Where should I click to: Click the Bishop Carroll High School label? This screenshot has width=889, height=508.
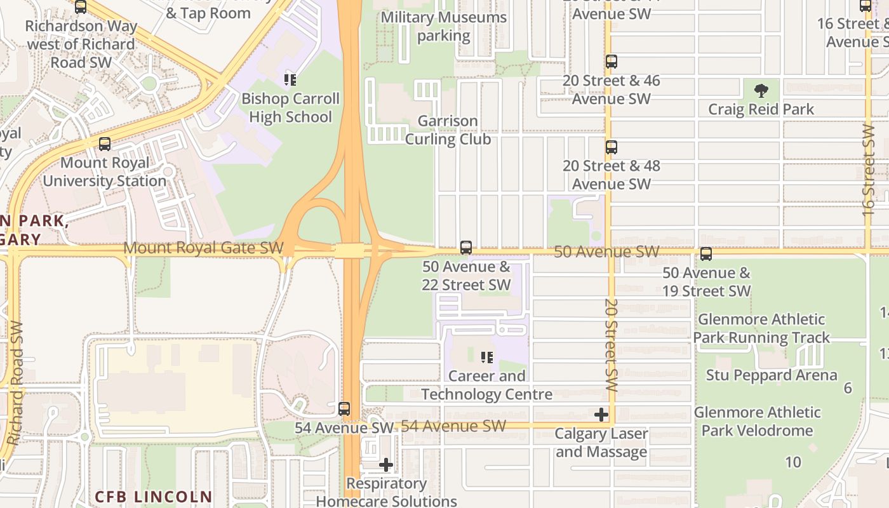tap(290, 108)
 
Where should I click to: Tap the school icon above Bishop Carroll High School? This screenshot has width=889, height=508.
tap(290, 80)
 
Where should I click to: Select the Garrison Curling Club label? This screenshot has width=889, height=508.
tap(448, 130)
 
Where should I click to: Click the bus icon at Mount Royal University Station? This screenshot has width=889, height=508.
tap(105, 144)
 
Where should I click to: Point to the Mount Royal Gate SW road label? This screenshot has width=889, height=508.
tap(203, 248)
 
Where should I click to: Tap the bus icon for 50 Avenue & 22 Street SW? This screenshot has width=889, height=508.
tap(466, 248)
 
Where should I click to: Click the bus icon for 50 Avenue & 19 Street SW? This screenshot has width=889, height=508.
tap(705, 254)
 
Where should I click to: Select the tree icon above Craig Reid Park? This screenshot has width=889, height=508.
tap(761, 91)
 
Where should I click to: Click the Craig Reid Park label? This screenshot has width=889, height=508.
tap(761, 109)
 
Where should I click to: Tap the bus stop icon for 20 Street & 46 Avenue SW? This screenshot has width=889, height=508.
tap(611, 62)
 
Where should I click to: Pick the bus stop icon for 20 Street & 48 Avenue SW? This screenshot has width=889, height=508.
tap(611, 147)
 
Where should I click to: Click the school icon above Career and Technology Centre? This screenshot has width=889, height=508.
tap(486, 358)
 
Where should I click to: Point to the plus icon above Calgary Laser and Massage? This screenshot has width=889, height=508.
tap(601, 415)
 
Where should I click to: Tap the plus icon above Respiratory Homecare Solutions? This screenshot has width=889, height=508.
tap(385, 465)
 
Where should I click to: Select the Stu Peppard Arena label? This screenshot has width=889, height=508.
tap(771, 375)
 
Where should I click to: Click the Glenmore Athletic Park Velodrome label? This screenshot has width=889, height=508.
tap(757, 421)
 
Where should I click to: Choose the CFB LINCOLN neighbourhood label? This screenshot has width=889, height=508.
tap(153, 496)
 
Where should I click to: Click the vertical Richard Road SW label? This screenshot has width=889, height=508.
tap(15, 382)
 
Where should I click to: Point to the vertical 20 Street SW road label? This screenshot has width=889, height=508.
tap(612, 345)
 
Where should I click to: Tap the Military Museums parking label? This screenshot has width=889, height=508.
tap(443, 27)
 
